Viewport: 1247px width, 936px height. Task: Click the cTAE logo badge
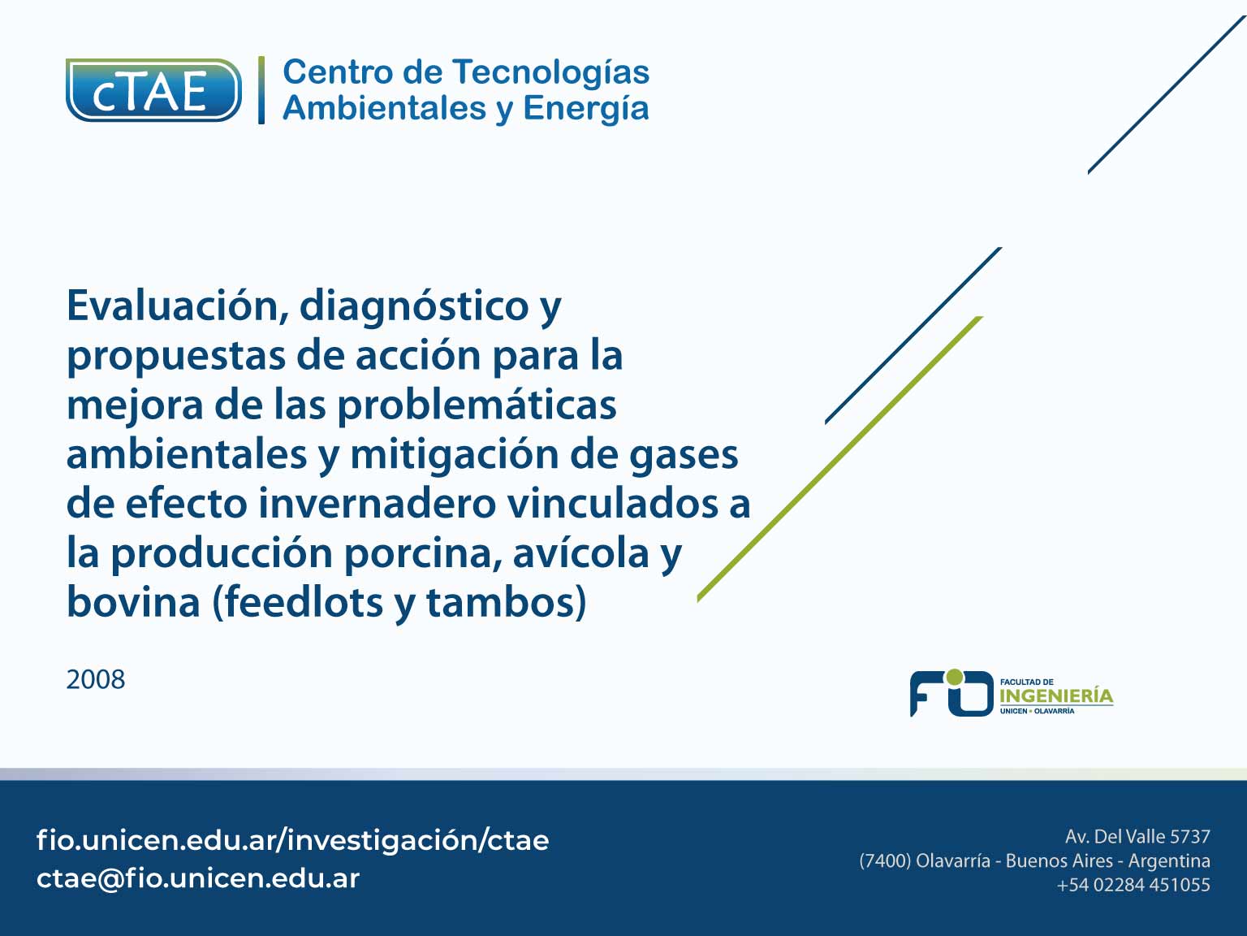(x=153, y=90)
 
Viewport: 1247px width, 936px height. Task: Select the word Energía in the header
(x=585, y=109)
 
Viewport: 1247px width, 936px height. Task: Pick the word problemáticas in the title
(x=477, y=406)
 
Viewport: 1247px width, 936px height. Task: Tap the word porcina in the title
(x=423, y=555)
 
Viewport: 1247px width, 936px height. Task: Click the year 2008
(x=96, y=680)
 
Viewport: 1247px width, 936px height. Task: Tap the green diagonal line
(x=839, y=458)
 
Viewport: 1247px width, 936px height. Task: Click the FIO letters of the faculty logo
(x=951, y=693)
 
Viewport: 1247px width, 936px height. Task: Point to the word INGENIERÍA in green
(x=1056, y=695)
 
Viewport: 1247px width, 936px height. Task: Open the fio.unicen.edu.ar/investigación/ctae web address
(x=292, y=840)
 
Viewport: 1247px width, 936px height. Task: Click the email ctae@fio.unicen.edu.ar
(x=198, y=878)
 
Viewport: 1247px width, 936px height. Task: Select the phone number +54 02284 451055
(x=1133, y=885)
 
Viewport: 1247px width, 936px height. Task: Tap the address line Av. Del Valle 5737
(x=1137, y=837)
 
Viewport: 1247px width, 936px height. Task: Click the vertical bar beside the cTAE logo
(x=261, y=90)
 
